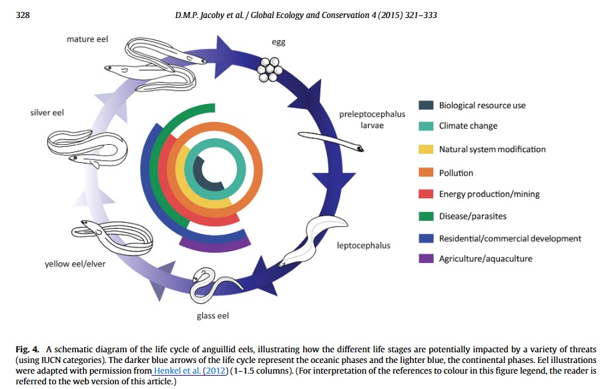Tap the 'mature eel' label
(x=87, y=39)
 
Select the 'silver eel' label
(x=47, y=113)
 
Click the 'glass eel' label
(x=213, y=316)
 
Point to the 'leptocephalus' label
(x=363, y=246)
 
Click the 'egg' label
(x=278, y=42)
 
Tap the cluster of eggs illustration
(x=271, y=68)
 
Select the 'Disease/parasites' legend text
(x=472, y=216)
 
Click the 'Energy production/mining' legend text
(x=489, y=194)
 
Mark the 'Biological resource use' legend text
(x=483, y=105)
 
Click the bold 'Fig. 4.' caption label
(x=27, y=350)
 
